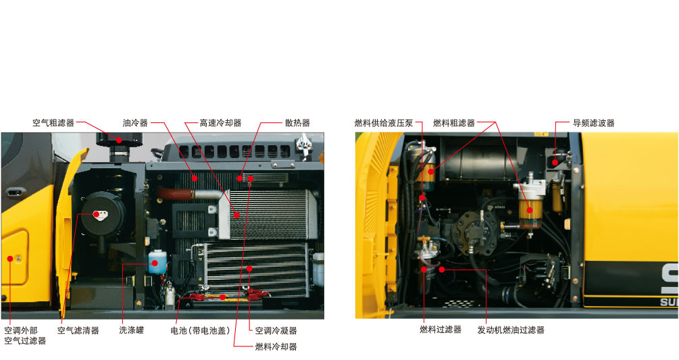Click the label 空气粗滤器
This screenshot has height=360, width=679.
[53, 123]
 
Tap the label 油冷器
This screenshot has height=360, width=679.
[135, 123]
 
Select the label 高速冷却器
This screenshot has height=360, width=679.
[220, 123]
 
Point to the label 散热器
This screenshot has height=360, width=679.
[297, 123]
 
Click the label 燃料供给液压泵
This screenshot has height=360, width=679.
[384, 123]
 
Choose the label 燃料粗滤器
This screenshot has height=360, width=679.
[454, 123]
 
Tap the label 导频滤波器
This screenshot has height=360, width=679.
[594, 123]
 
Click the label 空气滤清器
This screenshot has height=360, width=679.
[78, 330]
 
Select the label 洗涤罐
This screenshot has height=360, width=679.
[132, 330]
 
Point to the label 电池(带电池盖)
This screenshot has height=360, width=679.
[200, 330]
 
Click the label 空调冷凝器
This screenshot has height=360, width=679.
[276, 330]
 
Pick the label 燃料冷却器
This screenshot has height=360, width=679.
[276, 346]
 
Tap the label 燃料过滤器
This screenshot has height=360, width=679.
[441, 330]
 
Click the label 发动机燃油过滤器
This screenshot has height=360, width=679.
[511, 330]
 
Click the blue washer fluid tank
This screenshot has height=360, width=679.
[157, 262]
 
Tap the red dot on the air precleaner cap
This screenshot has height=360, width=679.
[119, 140]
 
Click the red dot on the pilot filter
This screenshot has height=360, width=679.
[555, 162]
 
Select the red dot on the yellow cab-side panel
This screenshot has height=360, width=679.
[10, 259]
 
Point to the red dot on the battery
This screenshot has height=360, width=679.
[222, 297]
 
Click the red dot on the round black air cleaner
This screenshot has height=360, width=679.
[96, 214]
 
